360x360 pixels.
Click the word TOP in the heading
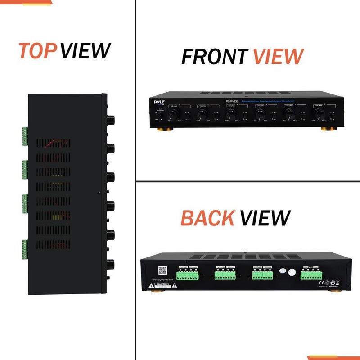38,51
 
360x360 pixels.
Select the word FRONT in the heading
214,57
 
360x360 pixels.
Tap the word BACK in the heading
207,218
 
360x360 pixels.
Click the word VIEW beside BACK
265,218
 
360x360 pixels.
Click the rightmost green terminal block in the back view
309,275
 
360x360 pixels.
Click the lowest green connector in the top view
24,249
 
